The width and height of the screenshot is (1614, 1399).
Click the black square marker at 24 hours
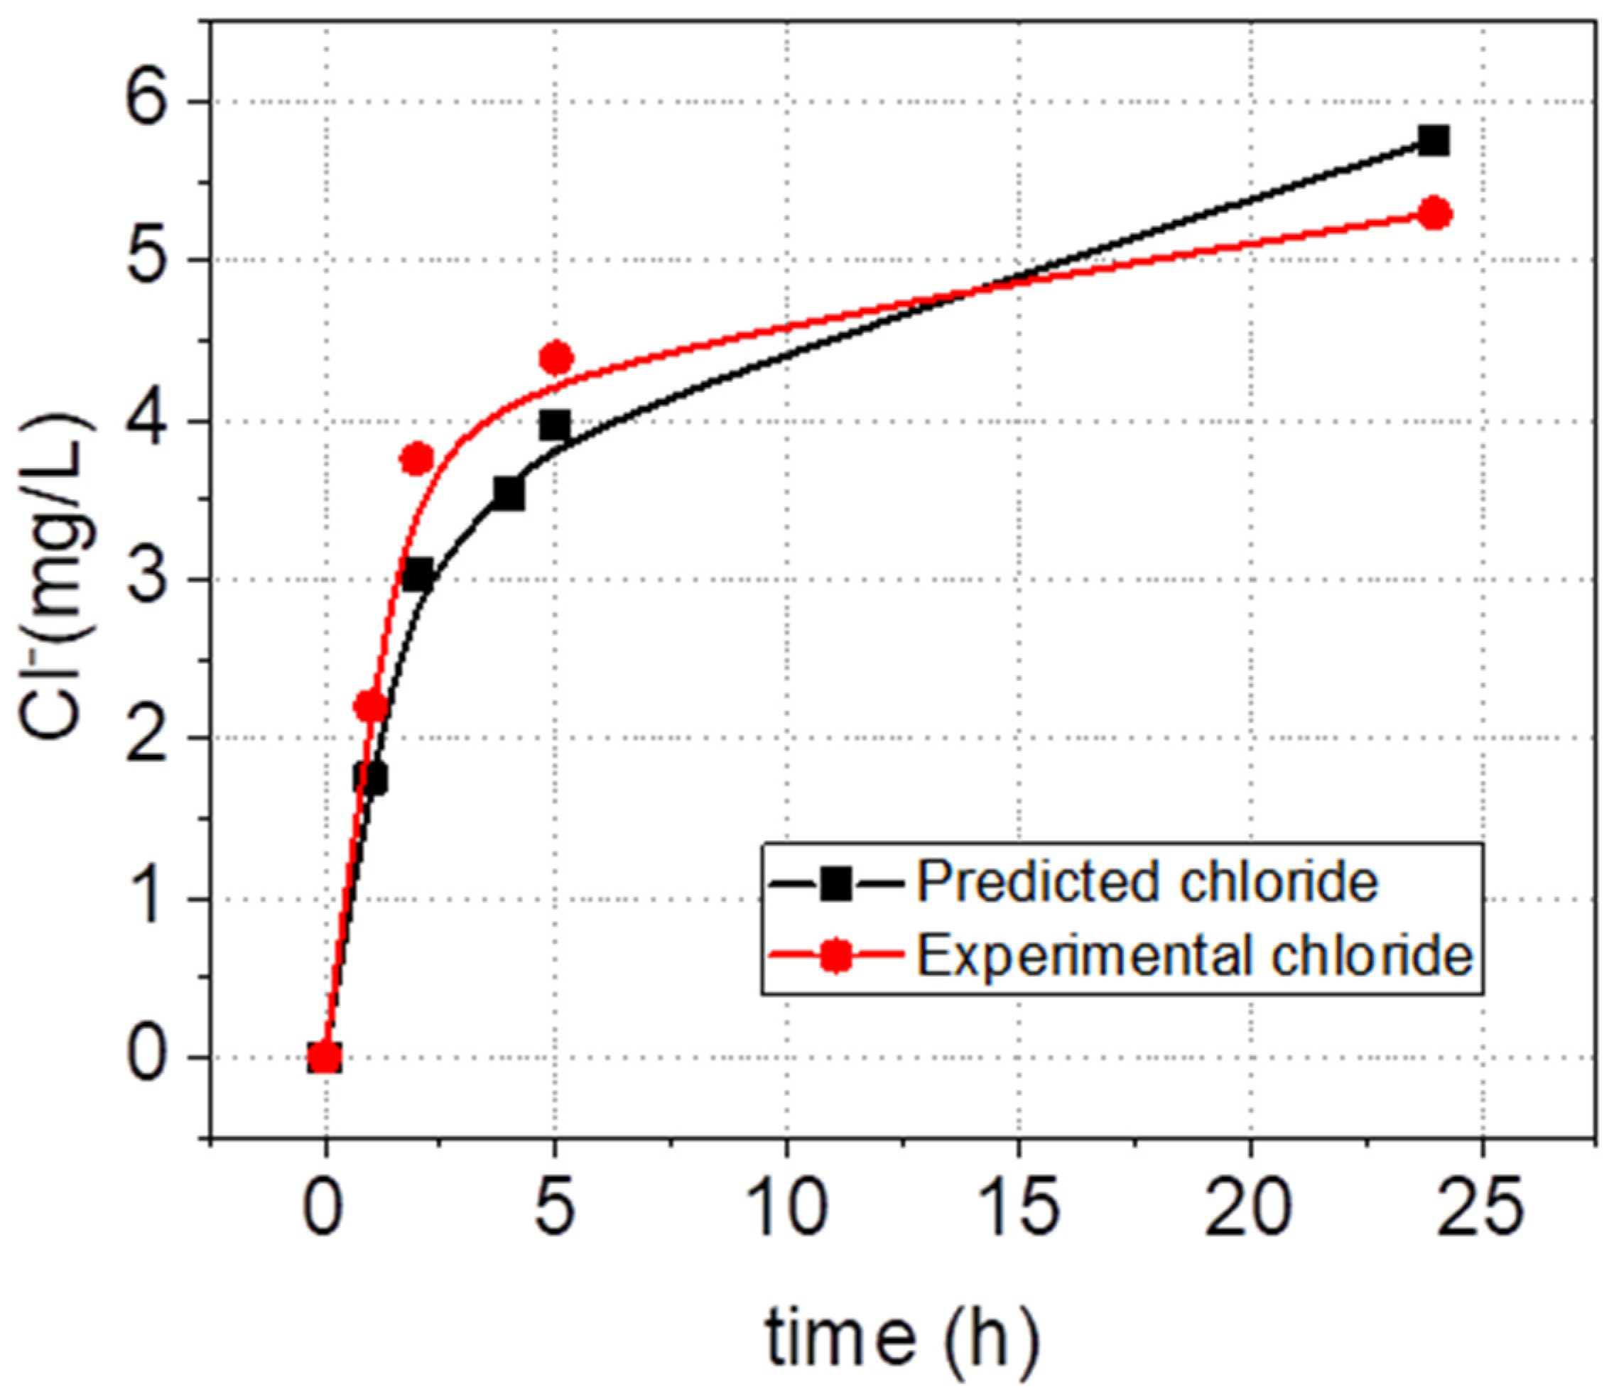click(x=1434, y=141)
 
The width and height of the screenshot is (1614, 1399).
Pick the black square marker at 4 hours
click(x=509, y=494)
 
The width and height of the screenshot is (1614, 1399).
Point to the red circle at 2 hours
click(x=417, y=459)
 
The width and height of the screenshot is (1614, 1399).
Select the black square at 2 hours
click(x=418, y=575)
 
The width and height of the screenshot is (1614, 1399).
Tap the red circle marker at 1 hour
click(x=371, y=707)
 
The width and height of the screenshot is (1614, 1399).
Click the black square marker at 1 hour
click(x=370, y=778)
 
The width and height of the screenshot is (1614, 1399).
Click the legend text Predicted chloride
click(x=1147, y=883)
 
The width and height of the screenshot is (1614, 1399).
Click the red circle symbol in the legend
click(x=836, y=956)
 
